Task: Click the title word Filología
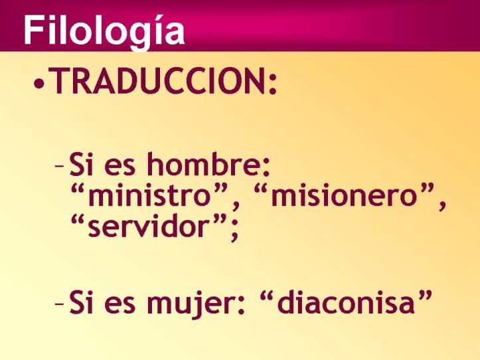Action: [104, 31]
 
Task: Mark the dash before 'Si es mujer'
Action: [60, 304]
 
